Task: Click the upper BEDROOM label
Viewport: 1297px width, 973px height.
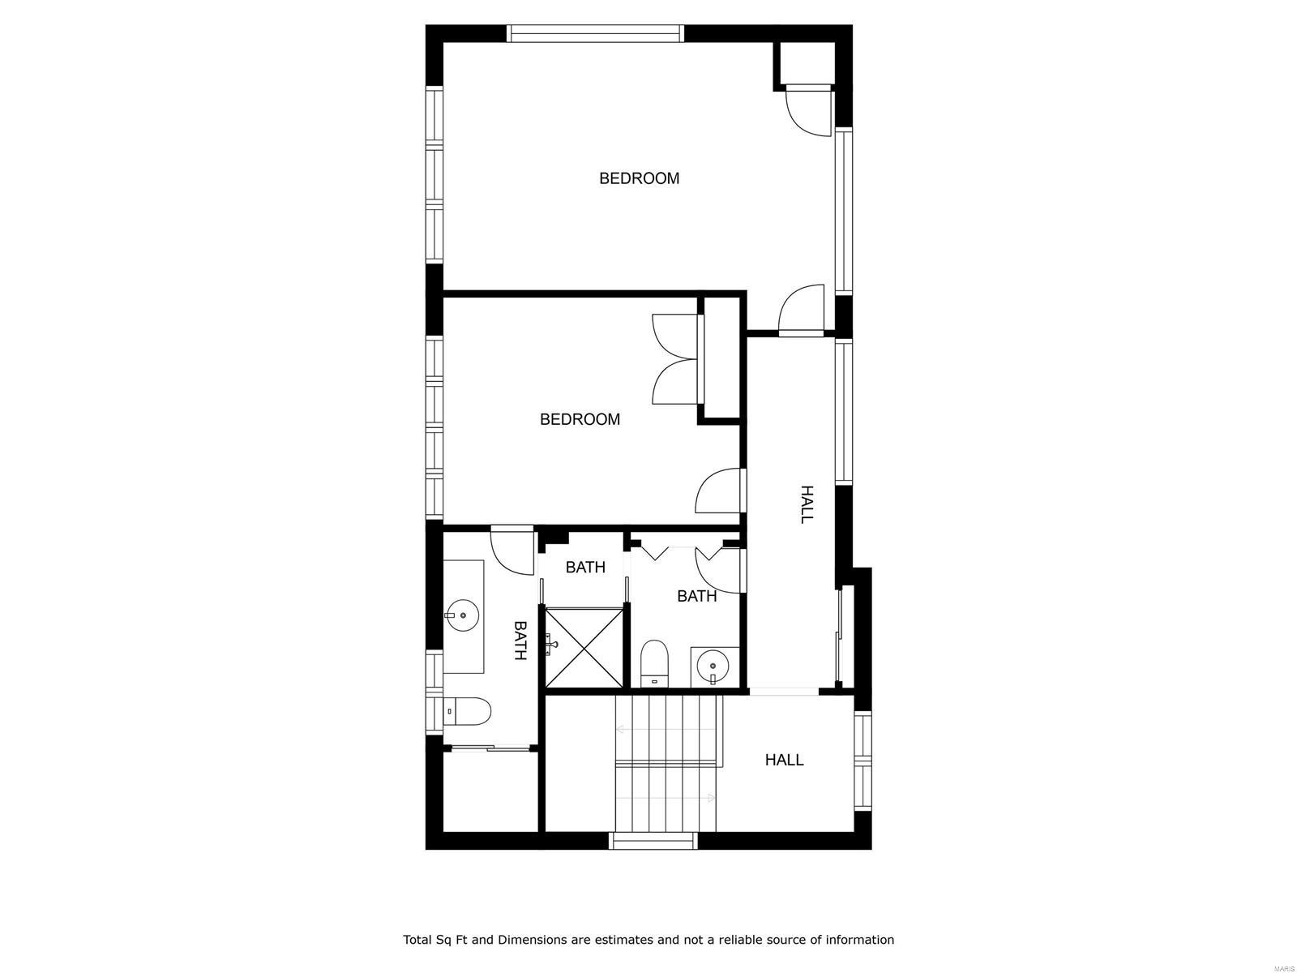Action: pos(639,178)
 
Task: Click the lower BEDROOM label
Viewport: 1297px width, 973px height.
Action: pos(580,419)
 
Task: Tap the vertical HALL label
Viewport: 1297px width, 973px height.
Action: pos(807,504)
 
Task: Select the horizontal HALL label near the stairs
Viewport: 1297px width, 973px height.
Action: pos(784,760)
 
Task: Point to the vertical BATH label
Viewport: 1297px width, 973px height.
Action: pos(520,641)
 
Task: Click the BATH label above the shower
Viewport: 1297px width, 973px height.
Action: pos(585,567)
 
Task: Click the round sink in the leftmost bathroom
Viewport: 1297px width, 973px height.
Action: pos(462,615)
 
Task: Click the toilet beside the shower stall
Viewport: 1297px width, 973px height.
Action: pos(653,663)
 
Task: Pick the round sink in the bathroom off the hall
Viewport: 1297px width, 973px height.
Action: pos(713,667)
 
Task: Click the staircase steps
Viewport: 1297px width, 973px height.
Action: pos(667,762)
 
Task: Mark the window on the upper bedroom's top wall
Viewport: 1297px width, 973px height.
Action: pos(596,33)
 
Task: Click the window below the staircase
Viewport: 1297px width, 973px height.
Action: pos(653,841)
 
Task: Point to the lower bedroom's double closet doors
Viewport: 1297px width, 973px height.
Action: pos(674,359)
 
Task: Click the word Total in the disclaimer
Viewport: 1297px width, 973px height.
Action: pos(421,940)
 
